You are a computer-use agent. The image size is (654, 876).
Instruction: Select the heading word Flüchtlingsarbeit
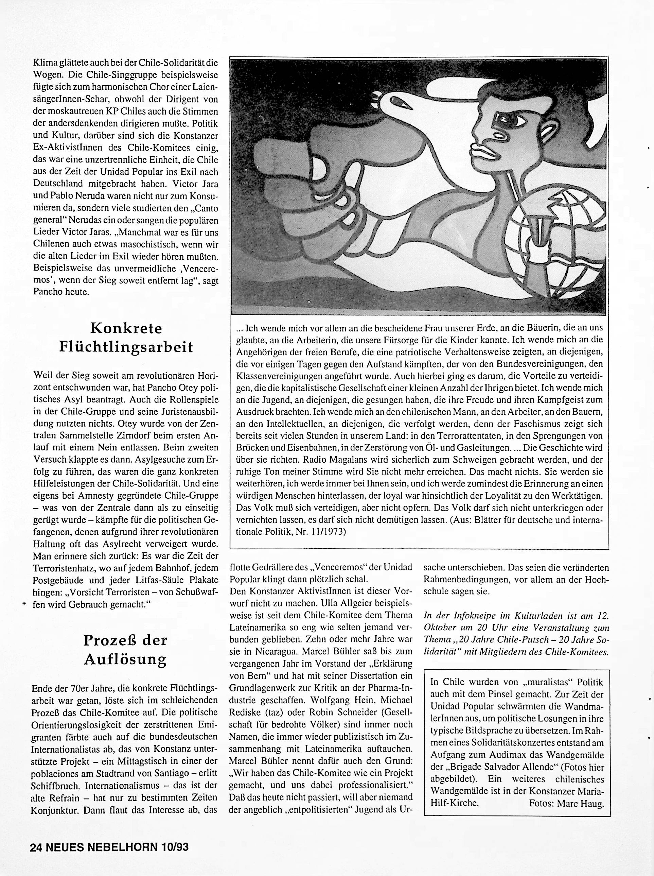point(126,347)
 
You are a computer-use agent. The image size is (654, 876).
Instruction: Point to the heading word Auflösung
point(125,659)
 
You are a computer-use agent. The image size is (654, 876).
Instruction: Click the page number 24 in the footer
point(36,847)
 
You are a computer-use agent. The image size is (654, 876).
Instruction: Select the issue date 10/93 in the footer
point(175,847)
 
